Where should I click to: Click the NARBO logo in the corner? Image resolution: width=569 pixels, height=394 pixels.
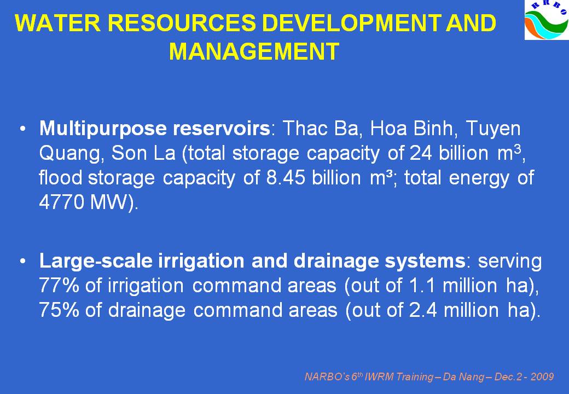pyautogui.click(x=547, y=20)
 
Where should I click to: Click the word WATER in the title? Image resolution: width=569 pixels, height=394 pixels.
pyautogui.click(x=57, y=24)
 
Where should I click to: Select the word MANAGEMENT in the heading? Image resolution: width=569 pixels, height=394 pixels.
pyautogui.click(x=254, y=51)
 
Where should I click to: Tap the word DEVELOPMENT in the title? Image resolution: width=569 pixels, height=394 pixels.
pyautogui.click(x=351, y=24)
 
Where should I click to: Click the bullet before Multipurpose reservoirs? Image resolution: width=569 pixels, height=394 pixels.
pyautogui.click(x=23, y=129)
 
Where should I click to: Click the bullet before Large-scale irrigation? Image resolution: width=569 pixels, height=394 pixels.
pyautogui.click(x=23, y=261)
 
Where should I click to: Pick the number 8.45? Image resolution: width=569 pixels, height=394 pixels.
pyautogui.click(x=286, y=178)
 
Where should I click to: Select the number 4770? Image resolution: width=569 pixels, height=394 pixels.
pyautogui.click(x=61, y=202)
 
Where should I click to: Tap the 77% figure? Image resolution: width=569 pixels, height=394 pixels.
pyautogui.click(x=59, y=286)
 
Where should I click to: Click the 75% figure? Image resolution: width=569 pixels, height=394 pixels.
pyautogui.click(x=59, y=310)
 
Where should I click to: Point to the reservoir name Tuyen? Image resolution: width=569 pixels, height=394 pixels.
pyautogui.click(x=493, y=129)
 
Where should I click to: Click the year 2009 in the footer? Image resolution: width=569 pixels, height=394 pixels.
pyautogui.click(x=542, y=377)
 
